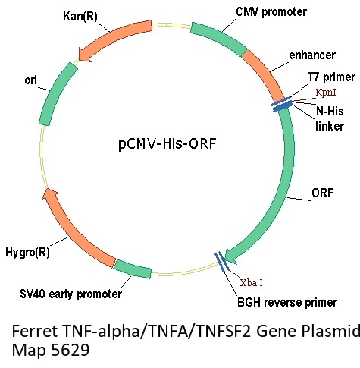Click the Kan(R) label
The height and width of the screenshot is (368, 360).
[80, 17]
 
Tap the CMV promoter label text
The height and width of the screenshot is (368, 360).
[271, 12]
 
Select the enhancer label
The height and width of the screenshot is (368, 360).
[312, 55]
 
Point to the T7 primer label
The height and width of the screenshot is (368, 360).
[331, 77]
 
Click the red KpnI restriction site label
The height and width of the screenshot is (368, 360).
[326, 93]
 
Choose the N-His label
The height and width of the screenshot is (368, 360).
[330, 111]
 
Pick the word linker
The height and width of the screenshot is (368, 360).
[330, 126]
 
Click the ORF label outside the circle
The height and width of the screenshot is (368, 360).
[323, 193]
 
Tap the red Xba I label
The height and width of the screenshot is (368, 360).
[251, 282]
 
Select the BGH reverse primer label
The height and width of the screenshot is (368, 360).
[287, 302]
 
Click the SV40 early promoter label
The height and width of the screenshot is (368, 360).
[71, 294]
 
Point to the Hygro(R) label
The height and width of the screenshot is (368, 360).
[27, 252]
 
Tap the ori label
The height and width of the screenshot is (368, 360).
[31, 80]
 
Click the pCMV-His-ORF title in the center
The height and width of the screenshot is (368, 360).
[167, 144]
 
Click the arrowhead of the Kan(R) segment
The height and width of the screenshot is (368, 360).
[85, 55]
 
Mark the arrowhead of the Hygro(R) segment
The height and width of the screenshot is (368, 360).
[49, 195]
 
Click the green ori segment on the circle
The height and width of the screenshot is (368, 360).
[58, 93]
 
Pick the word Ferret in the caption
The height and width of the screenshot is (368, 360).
[35, 331]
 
